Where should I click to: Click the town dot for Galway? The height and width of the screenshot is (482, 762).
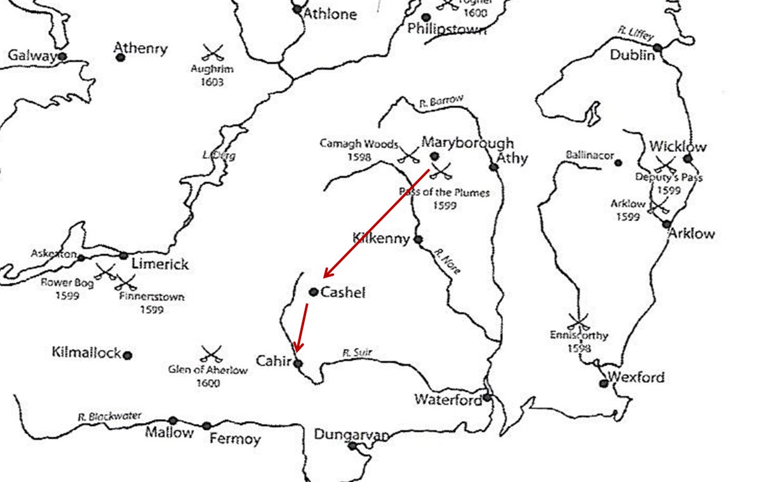62,57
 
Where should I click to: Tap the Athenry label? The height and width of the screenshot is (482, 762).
140,48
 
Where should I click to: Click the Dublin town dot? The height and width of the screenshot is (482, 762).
657,48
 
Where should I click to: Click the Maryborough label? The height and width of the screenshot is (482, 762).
467,143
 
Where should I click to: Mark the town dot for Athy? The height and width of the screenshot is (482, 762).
493,167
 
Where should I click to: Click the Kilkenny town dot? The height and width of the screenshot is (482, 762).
418,239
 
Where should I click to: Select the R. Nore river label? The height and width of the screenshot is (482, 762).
447,261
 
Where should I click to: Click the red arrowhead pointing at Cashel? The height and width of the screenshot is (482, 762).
325,276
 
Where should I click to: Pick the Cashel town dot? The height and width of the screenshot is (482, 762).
313,292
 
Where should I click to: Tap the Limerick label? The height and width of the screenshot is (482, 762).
159,264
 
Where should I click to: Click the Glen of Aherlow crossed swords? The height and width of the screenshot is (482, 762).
210,353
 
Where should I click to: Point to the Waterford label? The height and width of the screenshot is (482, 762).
448,399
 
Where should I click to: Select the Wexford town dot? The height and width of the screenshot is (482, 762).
603,383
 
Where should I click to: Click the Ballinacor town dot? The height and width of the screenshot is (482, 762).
618,163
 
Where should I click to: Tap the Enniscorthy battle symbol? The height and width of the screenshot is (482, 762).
577,320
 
